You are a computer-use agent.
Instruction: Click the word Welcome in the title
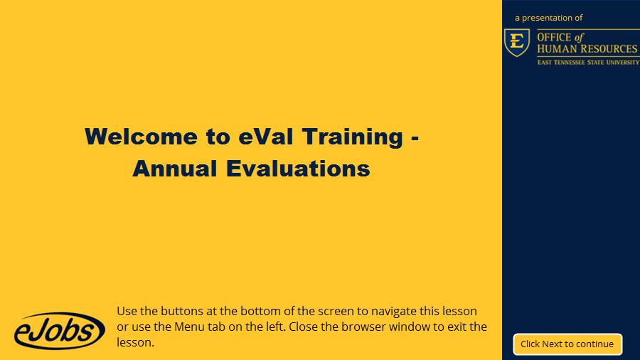141,137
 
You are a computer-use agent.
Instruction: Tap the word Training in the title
353,137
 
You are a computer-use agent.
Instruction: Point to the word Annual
175,169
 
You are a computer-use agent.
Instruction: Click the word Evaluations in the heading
298,169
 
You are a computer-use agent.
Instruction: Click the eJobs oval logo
60,331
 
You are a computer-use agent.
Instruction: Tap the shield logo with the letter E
517,43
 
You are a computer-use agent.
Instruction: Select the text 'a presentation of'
548,18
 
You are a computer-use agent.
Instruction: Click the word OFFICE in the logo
554,38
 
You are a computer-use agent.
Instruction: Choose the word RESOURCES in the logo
609,49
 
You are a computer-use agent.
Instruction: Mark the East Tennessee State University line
588,63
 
